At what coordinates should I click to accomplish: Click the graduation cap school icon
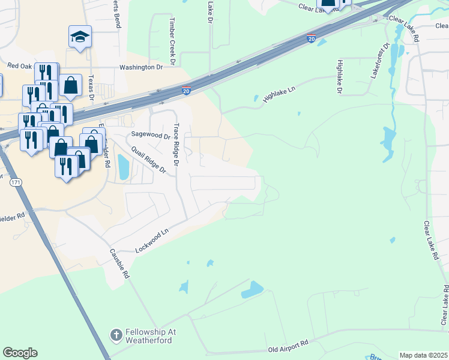80,37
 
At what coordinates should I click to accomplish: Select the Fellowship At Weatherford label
148,337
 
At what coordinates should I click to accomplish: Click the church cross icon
116,334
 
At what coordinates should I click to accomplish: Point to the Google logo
20,353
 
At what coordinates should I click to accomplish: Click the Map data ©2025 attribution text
423,355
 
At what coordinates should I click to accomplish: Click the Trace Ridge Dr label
176,145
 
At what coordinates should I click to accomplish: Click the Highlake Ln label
280,95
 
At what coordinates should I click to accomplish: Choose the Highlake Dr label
340,76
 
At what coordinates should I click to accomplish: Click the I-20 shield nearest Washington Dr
186,91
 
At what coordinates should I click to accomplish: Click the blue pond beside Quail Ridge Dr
123,167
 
